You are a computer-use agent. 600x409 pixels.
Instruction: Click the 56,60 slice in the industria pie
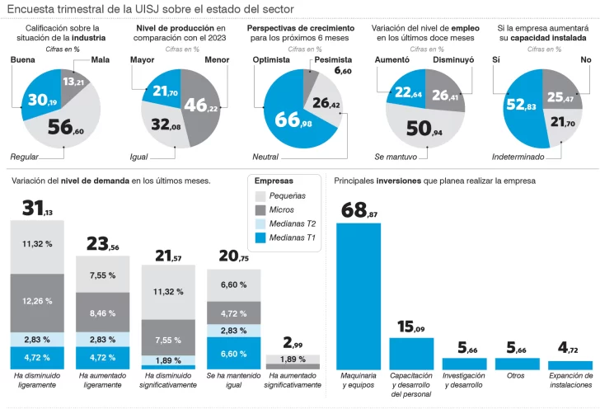click(66, 125)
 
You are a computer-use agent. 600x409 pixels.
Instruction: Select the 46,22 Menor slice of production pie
click(197, 105)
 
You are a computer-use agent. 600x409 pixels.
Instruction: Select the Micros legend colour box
click(260, 209)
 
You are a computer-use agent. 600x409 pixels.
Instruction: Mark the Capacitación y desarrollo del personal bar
click(412, 354)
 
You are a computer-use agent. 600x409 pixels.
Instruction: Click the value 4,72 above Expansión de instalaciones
click(570, 348)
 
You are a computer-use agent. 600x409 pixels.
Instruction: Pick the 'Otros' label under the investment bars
click(517, 375)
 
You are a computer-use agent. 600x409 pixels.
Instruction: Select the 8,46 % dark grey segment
click(103, 313)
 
